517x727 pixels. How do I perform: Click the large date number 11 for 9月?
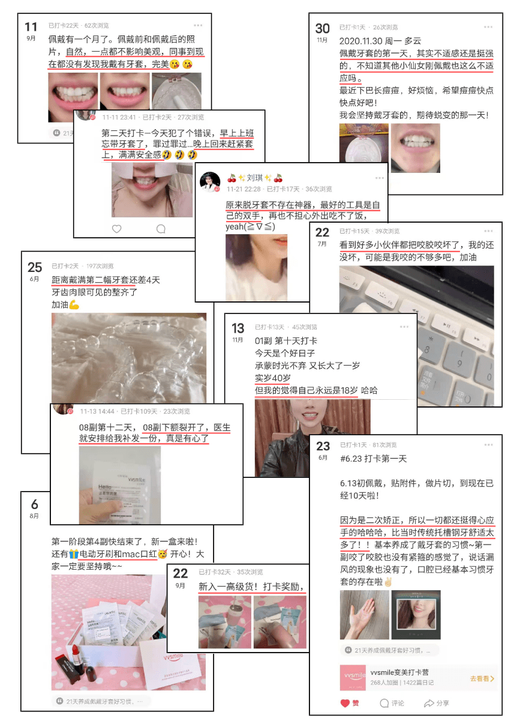[x=31, y=27]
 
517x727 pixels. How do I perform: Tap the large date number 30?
[x=323, y=28]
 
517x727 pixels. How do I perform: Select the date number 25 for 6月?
[x=35, y=268]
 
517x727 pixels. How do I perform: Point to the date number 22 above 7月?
[x=322, y=233]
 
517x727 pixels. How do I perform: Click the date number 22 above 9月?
[x=181, y=573]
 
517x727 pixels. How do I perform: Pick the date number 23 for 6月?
[x=323, y=446]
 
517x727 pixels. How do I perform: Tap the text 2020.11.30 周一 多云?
[x=372, y=41]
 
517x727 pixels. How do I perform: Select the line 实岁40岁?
[x=273, y=378]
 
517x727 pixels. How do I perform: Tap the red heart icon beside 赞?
[x=345, y=703]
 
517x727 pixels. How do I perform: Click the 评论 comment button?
[x=392, y=703]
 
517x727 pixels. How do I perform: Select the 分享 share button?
[x=437, y=703]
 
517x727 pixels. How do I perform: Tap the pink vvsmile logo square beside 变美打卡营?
[x=353, y=677]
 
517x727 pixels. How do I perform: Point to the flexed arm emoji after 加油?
[x=74, y=305]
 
